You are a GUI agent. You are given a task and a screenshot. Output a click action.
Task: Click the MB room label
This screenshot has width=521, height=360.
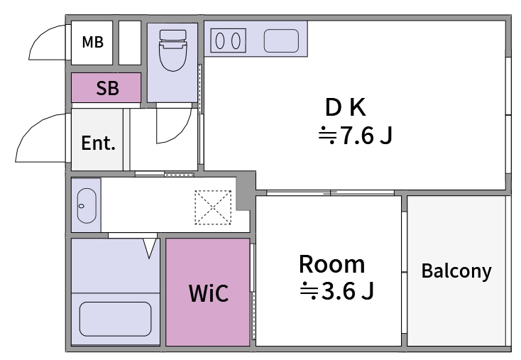tap(92, 43)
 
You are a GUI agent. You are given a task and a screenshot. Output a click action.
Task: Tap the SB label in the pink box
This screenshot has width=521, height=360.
tap(107, 89)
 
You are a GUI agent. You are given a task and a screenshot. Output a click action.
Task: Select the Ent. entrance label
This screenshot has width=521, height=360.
tap(98, 143)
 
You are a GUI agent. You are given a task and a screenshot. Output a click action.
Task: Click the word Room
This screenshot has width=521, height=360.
tap(331, 264)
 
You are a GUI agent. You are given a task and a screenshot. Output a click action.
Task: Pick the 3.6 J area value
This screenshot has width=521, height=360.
tap(337, 290)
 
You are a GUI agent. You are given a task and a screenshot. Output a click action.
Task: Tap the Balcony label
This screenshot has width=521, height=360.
tap(456, 271)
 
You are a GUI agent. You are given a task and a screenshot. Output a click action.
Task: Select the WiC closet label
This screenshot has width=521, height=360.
tap(209, 293)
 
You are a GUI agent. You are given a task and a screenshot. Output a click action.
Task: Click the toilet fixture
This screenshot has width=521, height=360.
tap(172, 50)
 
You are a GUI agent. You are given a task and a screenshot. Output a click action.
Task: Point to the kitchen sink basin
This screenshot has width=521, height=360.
tap(282, 40)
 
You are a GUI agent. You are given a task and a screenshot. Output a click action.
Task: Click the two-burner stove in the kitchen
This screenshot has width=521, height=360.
tap(226, 40)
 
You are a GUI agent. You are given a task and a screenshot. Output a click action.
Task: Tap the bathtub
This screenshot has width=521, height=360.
tap(115, 320)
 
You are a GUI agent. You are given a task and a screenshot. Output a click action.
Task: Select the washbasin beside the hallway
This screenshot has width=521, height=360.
tap(85, 205)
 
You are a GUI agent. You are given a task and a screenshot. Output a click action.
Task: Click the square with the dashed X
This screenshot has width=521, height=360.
tap(214, 207)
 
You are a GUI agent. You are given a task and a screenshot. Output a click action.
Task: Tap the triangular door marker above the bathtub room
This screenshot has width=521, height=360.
tap(150, 247)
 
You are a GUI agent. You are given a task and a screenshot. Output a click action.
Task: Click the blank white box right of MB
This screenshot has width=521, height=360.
tap(129, 43)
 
